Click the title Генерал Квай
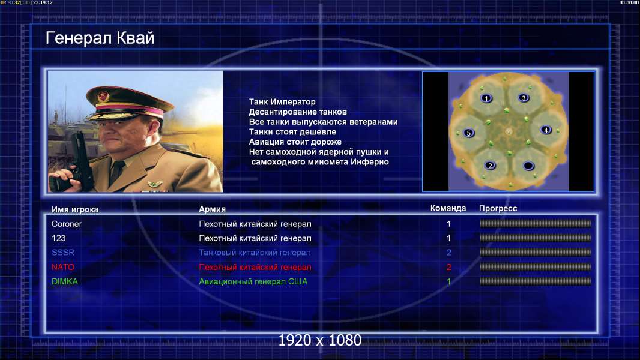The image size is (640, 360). tap(100, 38)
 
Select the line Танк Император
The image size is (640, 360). tap(282, 102)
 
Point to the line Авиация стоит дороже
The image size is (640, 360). tap(295, 142)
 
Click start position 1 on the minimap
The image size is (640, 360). tap(486, 98)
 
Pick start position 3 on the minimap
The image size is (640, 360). tap(524, 98)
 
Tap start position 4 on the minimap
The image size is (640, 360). tap(546, 130)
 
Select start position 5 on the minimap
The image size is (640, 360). tap(468, 133)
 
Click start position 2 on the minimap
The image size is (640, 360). tap(490, 165)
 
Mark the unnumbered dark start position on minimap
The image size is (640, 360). tap(528, 166)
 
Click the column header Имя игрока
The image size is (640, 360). tap(74, 209)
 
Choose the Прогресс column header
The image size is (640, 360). tap(498, 209)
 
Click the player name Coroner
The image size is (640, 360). tap(67, 224)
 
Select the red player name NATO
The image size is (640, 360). tap(63, 267)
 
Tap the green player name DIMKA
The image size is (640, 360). tap(64, 281)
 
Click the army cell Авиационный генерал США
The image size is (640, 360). tap(253, 281)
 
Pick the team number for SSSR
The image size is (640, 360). tap(448, 253)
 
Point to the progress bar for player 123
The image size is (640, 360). tap(536, 238)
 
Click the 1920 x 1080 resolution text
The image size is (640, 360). tap(319, 340)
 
